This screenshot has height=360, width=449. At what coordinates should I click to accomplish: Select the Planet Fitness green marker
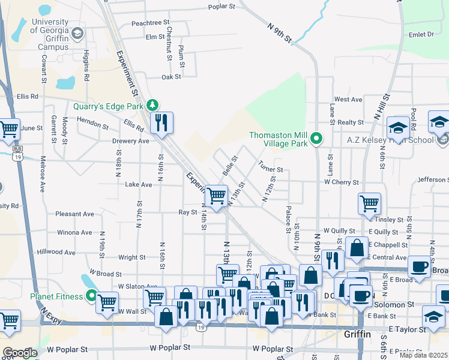(x=91, y=296)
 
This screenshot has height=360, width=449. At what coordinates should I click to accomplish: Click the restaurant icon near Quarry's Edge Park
(x=161, y=124)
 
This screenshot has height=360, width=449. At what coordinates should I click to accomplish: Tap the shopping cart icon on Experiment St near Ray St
(x=216, y=195)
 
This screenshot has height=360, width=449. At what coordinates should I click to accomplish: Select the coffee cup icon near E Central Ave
(x=419, y=266)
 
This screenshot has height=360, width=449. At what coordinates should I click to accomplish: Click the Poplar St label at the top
(x=221, y=7)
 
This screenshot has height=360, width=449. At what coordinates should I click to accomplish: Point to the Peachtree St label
(x=147, y=23)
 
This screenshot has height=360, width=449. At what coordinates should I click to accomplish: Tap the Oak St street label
(x=171, y=77)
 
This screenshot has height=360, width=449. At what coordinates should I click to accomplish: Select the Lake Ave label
(x=138, y=185)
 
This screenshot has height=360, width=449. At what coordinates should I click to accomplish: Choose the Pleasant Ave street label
(x=74, y=214)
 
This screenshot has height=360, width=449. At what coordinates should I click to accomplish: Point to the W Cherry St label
(x=341, y=182)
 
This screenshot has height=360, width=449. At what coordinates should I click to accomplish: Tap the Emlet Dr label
(x=421, y=35)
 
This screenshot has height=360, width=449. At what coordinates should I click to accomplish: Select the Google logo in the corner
(x=20, y=353)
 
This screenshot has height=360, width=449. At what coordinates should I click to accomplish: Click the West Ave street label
(x=348, y=99)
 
